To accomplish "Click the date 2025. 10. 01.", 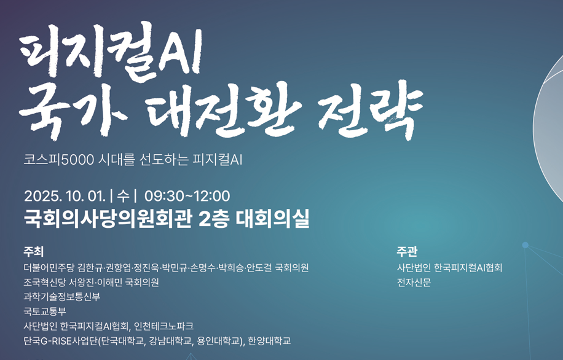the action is coord(65,197).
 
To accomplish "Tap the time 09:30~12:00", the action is coord(187,197).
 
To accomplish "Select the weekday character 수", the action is coord(123,197).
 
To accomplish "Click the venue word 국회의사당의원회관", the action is coord(108,218).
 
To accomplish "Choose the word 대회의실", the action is coord(272,218).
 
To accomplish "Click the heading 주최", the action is coord(33,252).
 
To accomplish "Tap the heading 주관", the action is coord(407,252).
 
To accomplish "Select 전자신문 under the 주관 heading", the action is coord(414,283).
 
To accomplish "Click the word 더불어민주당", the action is coord(49,268).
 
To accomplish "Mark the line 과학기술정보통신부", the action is coord(61,297).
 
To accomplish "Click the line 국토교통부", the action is coord(45,311).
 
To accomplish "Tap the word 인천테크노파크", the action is coord(163,326).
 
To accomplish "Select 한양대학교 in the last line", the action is coord(269,340).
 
